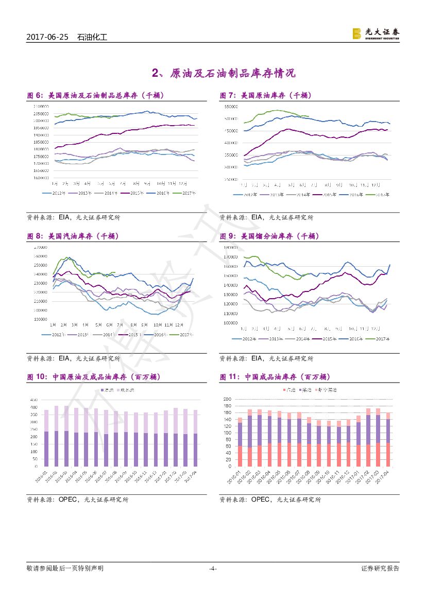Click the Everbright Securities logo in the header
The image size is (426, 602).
tap(376, 33)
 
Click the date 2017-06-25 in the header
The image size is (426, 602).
tap(47, 38)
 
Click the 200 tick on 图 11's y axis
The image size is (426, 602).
tap(227, 399)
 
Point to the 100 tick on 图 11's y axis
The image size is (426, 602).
tap(227, 433)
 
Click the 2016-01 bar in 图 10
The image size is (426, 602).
tap(46, 438)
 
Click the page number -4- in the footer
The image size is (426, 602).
tap(213, 569)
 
